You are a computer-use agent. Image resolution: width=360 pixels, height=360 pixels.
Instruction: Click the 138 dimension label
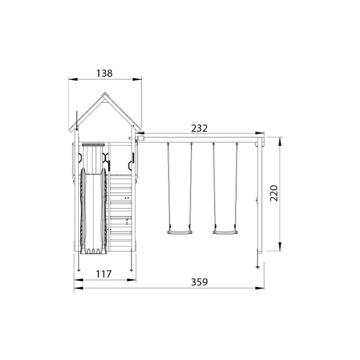[x=104, y=73]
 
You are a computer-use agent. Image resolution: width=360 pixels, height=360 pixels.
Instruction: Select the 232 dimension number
[x=199, y=128]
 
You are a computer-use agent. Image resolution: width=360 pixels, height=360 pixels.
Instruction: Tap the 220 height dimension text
[x=274, y=193]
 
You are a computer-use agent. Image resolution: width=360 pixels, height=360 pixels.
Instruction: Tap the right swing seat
[x=226, y=233]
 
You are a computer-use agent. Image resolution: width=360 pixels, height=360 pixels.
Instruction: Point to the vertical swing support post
[x=260, y=195]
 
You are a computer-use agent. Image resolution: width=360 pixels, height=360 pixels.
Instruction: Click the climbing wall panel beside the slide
[x=121, y=212]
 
